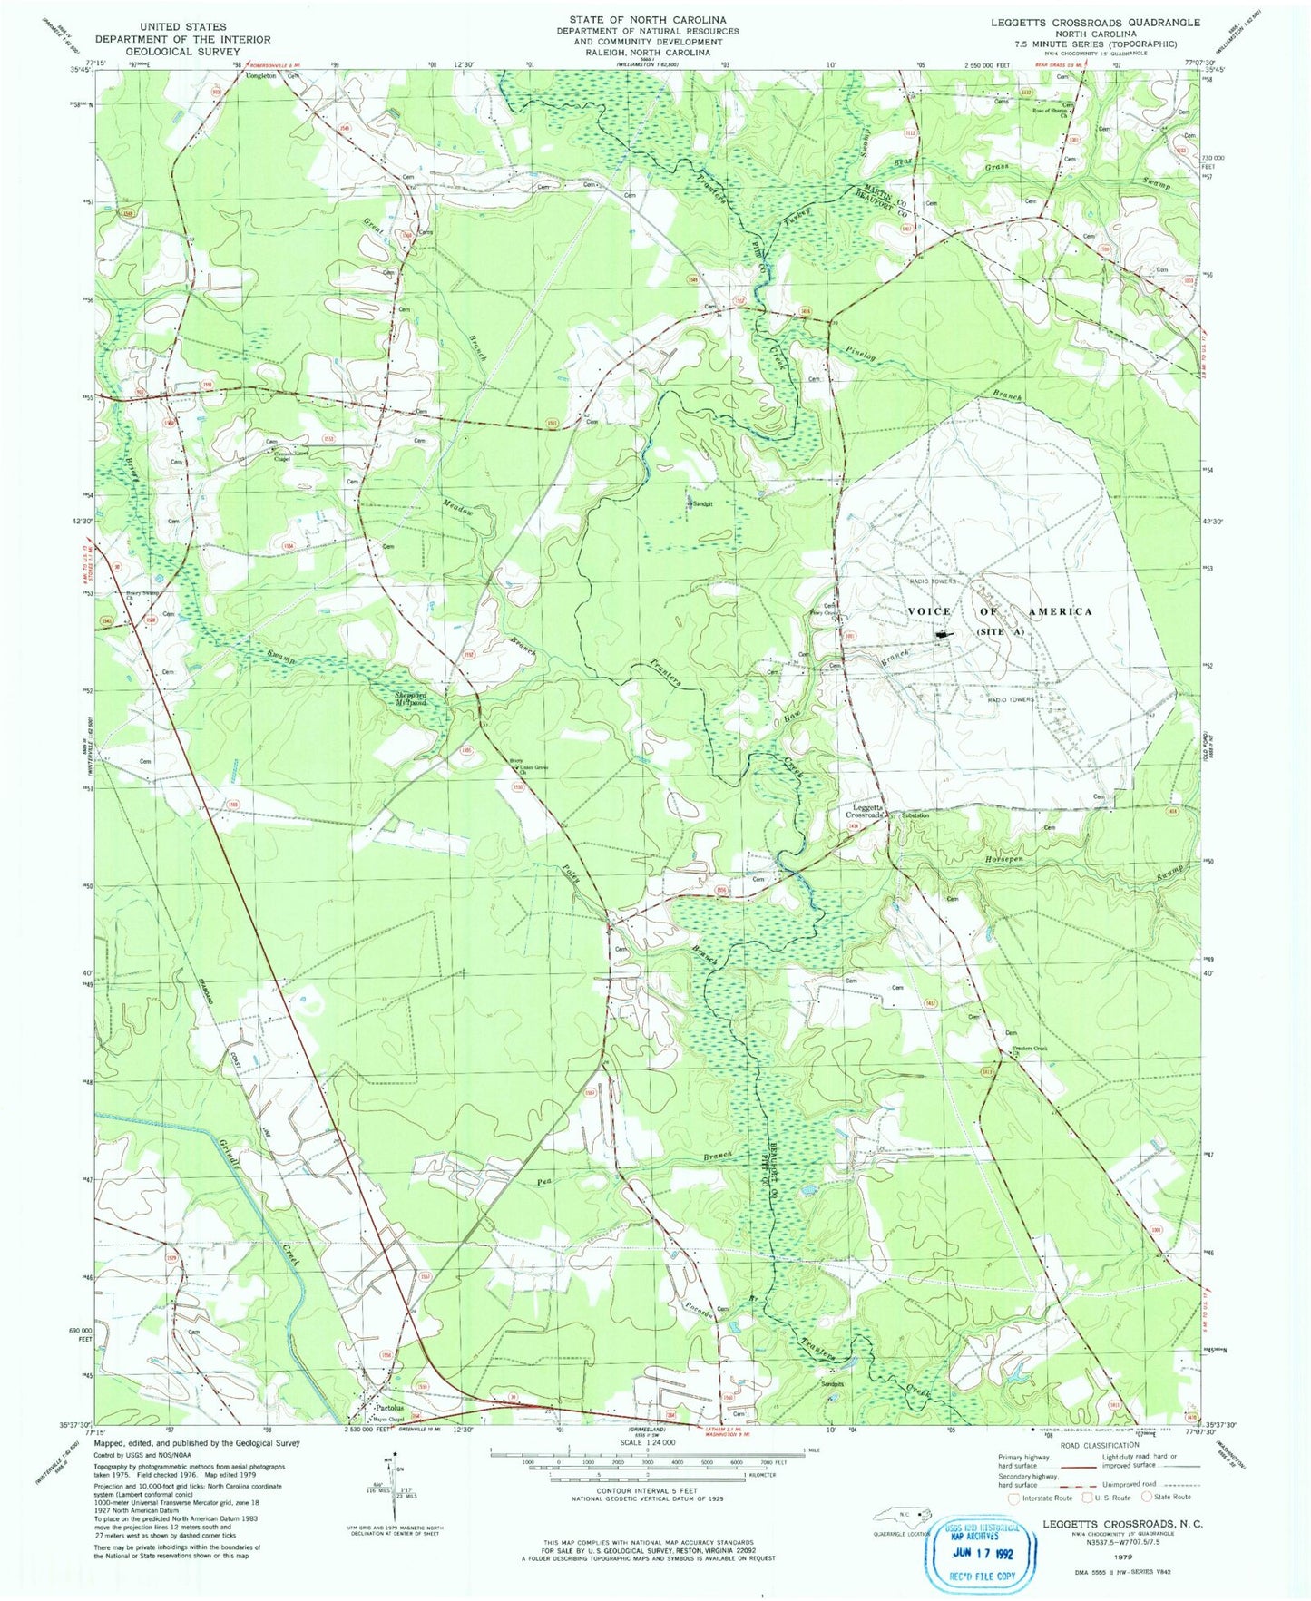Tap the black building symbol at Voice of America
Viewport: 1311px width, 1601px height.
[944, 637]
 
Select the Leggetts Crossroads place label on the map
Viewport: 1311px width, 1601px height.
[867, 811]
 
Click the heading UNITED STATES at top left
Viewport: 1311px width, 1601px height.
[183, 27]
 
